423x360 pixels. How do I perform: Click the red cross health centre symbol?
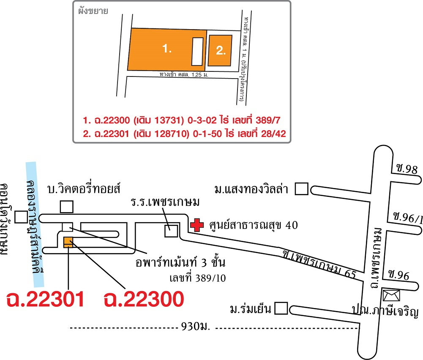(x=197, y=225)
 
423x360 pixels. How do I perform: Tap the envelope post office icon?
(x=391, y=295)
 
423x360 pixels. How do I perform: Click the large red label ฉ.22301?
(x=45, y=299)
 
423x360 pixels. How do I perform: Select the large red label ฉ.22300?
(x=144, y=299)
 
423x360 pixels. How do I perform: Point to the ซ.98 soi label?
(x=407, y=169)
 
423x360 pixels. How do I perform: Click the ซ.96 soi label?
(x=399, y=275)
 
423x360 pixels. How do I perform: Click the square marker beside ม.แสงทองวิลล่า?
(x=301, y=189)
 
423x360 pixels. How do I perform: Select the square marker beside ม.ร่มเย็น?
(x=281, y=308)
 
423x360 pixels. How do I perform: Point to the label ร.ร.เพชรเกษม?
(x=165, y=202)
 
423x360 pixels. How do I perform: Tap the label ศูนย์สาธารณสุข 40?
(x=254, y=225)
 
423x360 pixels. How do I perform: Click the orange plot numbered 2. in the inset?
(x=220, y=50)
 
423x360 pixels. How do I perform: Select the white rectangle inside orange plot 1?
(x=197, y=51)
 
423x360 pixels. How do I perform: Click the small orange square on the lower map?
(x=68, y=242)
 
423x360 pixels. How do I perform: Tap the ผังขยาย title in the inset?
(x=93, y=11)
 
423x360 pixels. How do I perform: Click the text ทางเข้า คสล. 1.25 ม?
(x=184, y=74)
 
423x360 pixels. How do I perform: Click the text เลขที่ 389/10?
(x=198, y=278)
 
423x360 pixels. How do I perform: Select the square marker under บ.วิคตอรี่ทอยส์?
(x=67, y=207)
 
